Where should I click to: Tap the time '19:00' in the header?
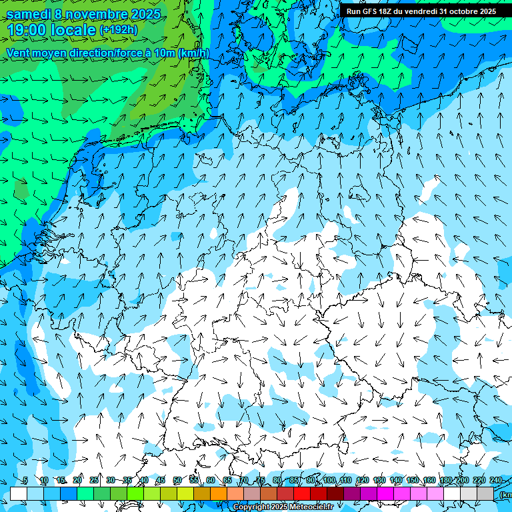click(x=26, y=30)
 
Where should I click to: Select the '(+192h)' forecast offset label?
click(x=119, y=30)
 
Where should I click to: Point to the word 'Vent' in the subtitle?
click(x=19, y=53)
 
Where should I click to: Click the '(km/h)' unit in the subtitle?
click(x=193, y=53)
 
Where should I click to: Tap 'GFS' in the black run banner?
click(x=372, y=11)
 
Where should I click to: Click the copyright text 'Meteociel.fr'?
click(x=311, y=507)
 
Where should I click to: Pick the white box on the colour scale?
click(x=19, y=493)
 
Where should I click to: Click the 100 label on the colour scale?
click(x=329, y=481)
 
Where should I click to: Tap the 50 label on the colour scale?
click(x=177, y=481)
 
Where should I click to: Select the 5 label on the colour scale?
click(x=25, y=481)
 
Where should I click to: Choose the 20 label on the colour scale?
click(x=77, y=481)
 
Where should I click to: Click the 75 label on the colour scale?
click(x=261, y=481)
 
